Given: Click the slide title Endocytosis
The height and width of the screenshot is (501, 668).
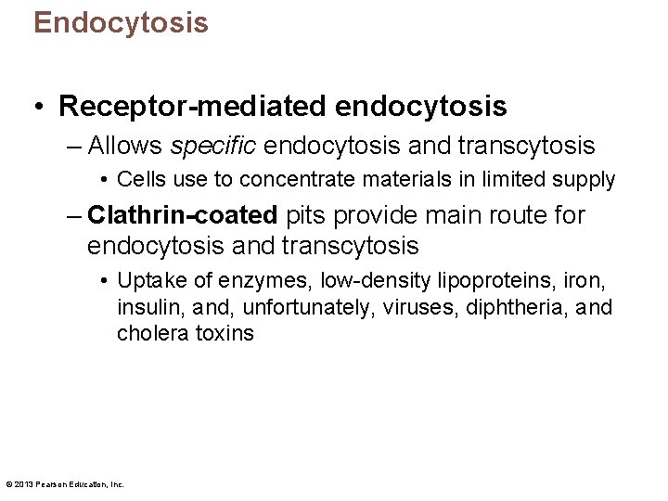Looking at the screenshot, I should coord(121,22).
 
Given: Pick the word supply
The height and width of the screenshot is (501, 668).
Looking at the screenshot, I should coord(585,179).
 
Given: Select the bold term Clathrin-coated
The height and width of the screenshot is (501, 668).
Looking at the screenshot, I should coord(183,215).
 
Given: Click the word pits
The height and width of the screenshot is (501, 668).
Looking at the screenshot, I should coord(307,215).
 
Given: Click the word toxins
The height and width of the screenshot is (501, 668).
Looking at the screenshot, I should coord(224,333).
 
